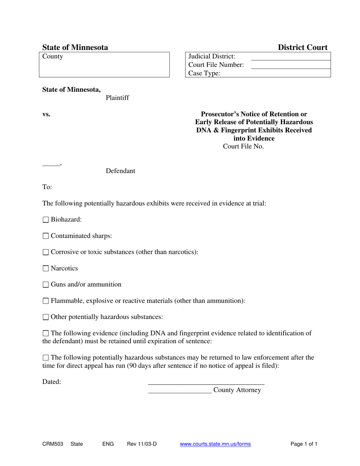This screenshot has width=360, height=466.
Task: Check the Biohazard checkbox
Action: (45, 220)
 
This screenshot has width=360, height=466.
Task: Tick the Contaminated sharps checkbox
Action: (45, 236)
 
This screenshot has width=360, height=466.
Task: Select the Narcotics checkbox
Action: (45, 269)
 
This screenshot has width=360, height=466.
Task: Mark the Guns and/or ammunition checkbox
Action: (45, 285)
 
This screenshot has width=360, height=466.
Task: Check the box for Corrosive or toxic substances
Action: (45, 252)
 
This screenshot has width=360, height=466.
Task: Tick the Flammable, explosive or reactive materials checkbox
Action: (45, 301)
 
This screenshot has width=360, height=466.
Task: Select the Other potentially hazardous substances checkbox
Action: (45, 317)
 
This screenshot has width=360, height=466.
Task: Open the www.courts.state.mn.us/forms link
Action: (215, 444)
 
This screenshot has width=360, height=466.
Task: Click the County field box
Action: (104, 65)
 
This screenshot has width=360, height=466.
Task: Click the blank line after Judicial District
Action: (291, 57)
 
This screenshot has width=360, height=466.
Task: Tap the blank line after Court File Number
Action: (291, 66)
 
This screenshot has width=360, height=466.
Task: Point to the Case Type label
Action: (204, 73)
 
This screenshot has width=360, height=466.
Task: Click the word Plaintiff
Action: (117, 98)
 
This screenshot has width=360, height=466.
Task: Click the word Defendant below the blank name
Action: (120, 171)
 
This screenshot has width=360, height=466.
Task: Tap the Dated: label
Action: (52, 382)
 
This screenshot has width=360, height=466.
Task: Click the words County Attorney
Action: (237, 390)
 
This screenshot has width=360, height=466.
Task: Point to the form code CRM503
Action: (53, 444)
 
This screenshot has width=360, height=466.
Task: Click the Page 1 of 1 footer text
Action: (304, 444)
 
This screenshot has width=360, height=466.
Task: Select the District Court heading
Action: (303, 48)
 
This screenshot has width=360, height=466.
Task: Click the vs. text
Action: (46, 114)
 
